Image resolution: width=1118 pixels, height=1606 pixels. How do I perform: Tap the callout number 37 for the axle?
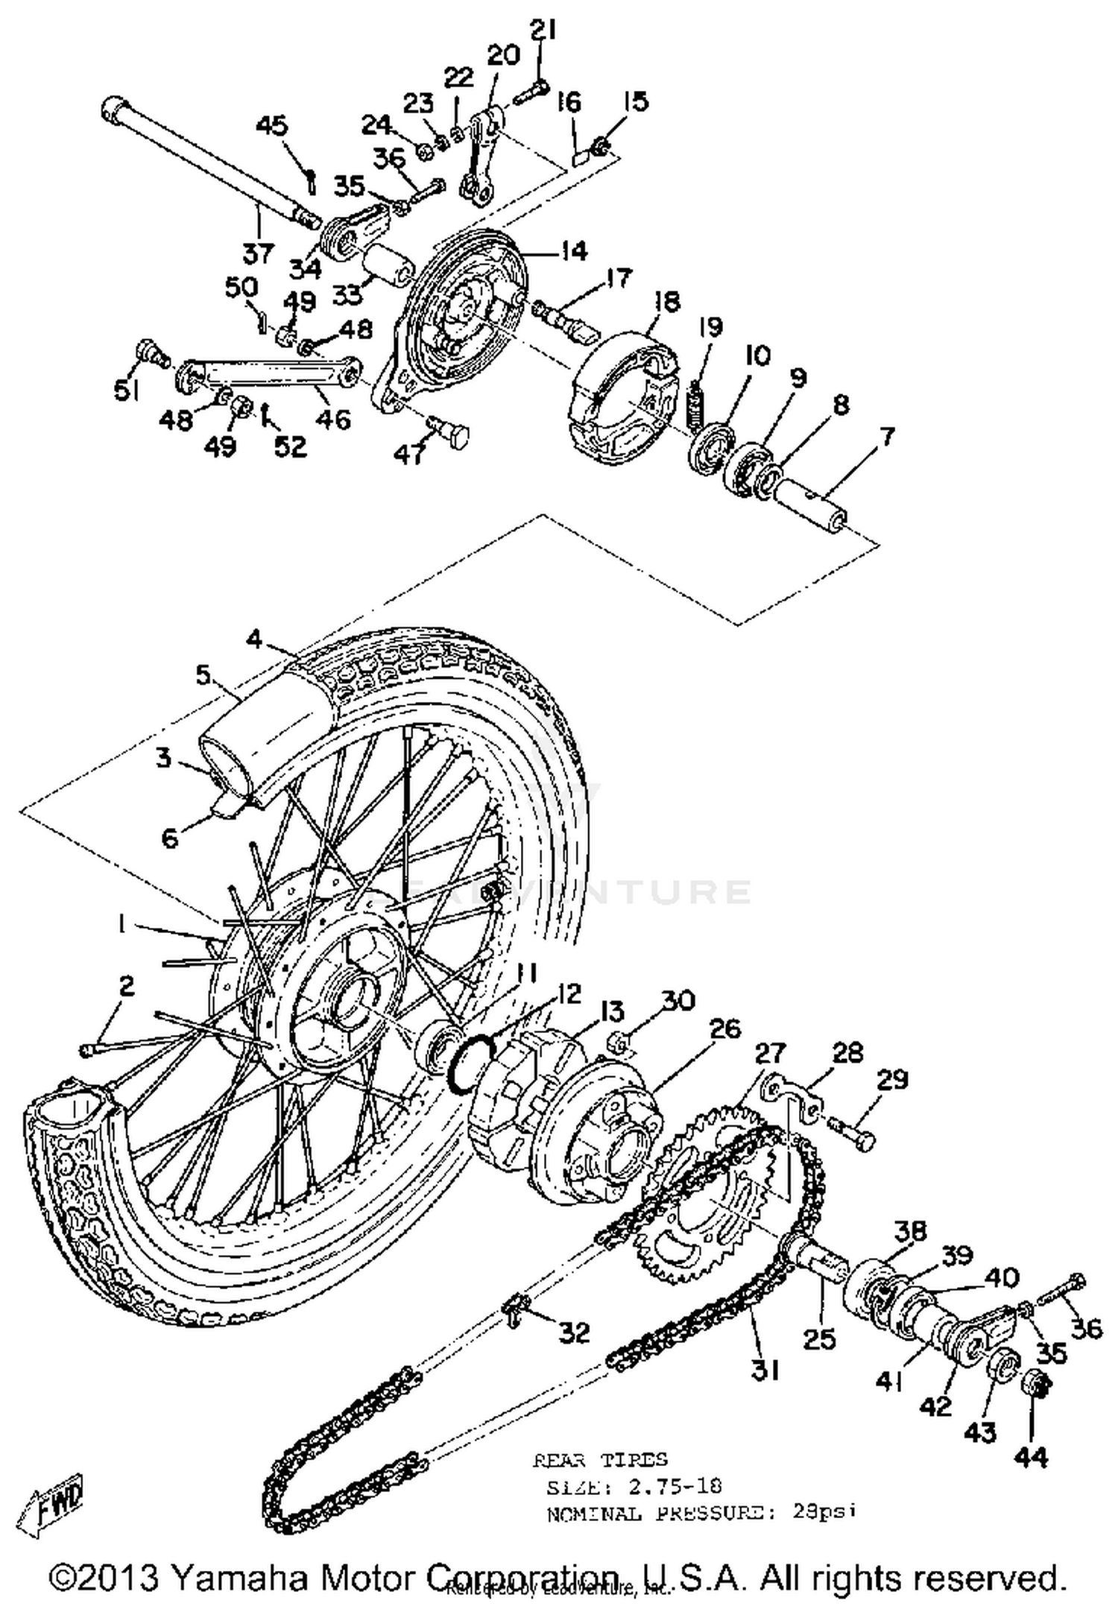(259, 253)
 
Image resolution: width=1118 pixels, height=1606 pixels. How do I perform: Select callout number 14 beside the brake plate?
(572, 251)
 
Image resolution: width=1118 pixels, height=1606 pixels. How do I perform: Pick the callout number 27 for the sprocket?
(770, 1053)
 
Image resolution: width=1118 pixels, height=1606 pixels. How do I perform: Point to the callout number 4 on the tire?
(255, 639)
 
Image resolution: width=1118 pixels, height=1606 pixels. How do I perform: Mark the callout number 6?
(170, 838)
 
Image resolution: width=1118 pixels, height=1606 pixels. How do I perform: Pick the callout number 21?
(543, 31)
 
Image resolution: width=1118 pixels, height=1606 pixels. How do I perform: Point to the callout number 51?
(126, 390)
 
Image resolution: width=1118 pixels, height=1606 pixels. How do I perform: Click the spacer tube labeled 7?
(809, 505)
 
